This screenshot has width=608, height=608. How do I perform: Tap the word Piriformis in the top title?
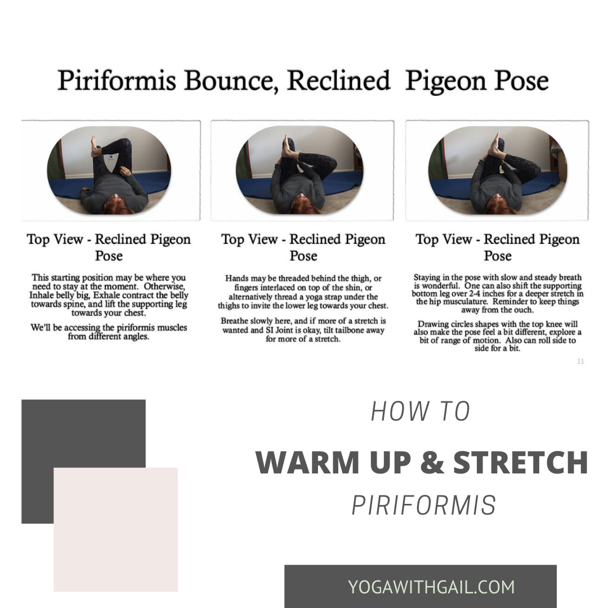(117, 81)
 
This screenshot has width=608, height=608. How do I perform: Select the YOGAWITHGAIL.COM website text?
(431, 587)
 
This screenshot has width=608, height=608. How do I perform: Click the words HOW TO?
(421, 412)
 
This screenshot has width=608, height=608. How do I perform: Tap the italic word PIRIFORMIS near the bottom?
(424, 505)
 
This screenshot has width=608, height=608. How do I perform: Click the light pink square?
(115, 529)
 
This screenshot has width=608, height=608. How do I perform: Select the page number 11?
(580, 361)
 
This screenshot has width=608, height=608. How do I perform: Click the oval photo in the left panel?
(109, 170)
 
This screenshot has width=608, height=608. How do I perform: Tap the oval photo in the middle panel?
(299, 170)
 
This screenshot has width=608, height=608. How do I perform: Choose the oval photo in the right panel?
(498, 170)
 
